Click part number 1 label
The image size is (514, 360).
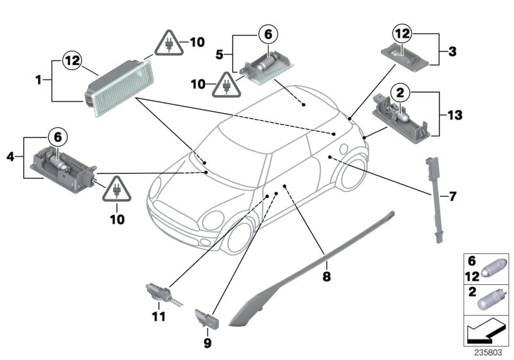(x=39, y=81)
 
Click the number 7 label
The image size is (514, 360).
(x=452, y=195)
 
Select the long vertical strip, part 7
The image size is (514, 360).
(x=435, y=199)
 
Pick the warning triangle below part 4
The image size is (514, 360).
(x=116, y=188)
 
